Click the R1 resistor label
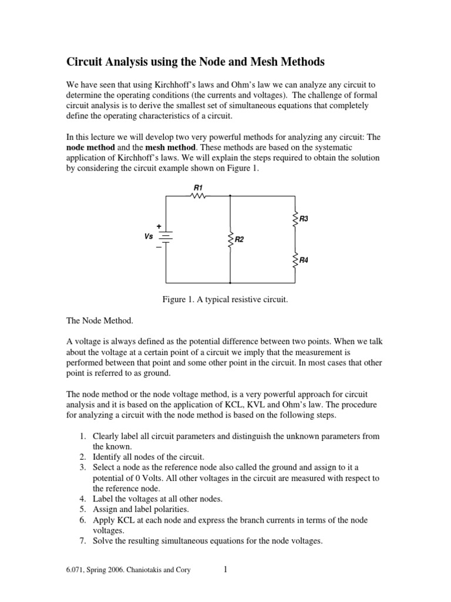coord(198,188)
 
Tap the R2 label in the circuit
coord(239,240)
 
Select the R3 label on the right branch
coord(304,219)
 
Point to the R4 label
coord(304,260)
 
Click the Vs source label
coord(149,236)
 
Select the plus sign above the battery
coord(158,226)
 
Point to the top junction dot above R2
coord(230,196)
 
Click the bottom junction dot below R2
coord(230,283)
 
